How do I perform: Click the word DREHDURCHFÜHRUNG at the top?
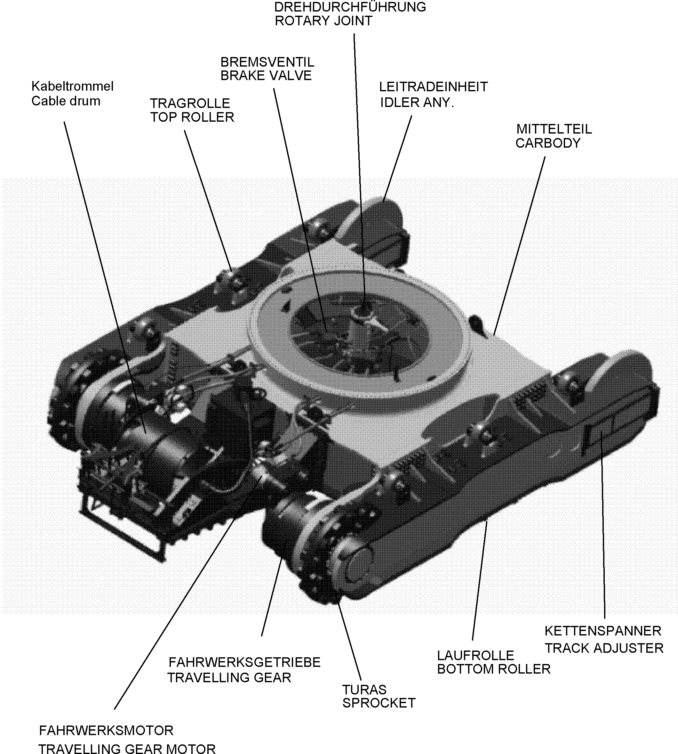(350, 7)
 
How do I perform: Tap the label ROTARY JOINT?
(323, 21)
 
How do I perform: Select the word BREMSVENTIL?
(267, 62)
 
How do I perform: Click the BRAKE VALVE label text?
(266, 76)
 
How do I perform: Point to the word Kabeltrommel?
(72, 86)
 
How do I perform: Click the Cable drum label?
(66, 101)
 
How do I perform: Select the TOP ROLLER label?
(192, 118)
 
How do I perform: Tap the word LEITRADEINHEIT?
(433, 87)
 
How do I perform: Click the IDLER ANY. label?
(417, 102)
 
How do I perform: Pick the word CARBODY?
(548, 143)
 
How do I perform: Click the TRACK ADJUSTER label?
(604, 648)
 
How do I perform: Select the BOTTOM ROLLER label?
(494, 669)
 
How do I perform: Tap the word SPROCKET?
(379, 703)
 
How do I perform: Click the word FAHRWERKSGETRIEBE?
(244, 662)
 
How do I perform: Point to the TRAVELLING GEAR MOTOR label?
(127, 748)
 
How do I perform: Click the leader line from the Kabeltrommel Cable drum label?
(104, 276)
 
